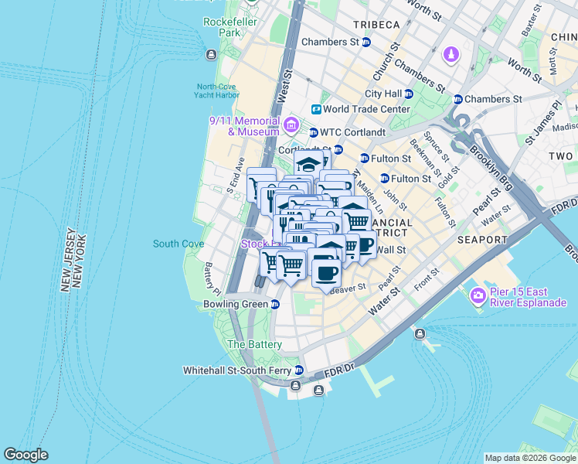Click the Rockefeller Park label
click(x=229, y=28)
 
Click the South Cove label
click(x=178, y=244)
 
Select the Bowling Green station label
click(x=235, y=304)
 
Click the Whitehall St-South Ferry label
click(x=236, y=370)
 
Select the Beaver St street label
click(x=347, y=289)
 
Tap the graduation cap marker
click(x=308, y=163)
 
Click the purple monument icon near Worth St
click(x=450, y=55)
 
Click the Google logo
click(x=25, y=455)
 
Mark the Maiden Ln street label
click(x=371, y=196)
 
